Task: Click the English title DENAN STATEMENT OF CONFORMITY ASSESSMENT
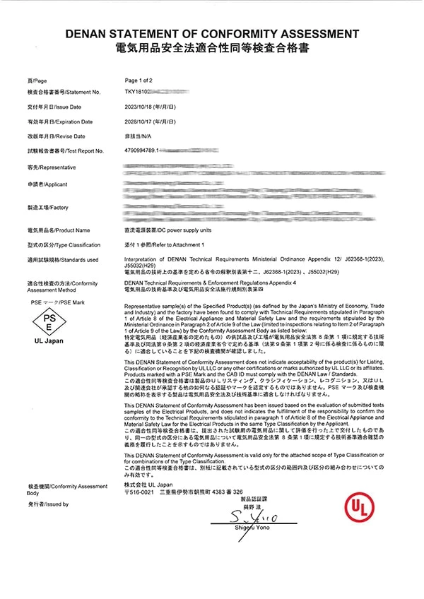coord(212,33)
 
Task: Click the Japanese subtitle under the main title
coord(212,47)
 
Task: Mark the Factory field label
coord(47,208)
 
